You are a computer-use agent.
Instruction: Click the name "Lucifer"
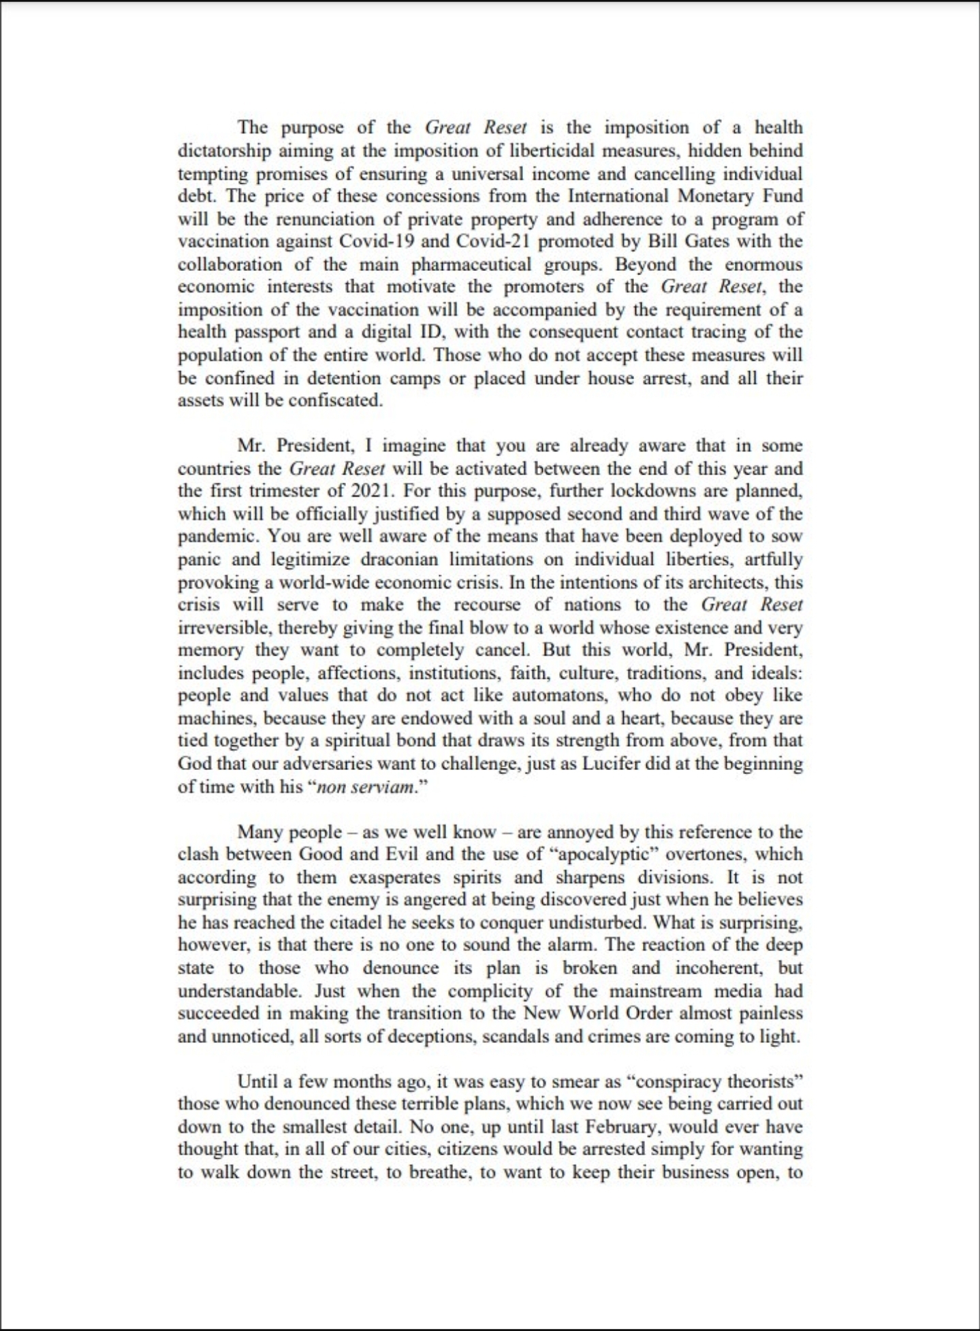(610, 764)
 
